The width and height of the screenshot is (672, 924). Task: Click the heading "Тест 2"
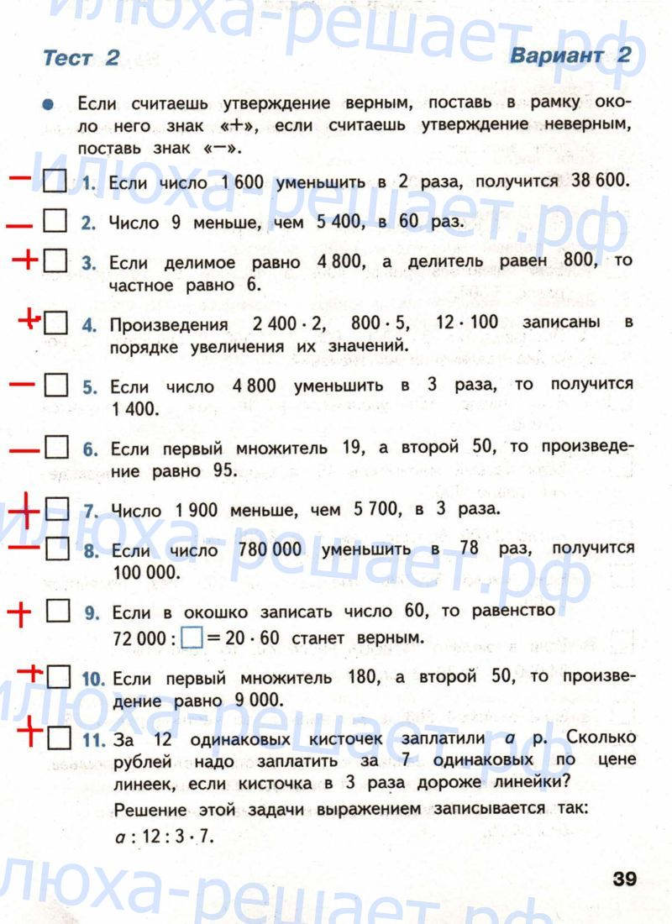[81, 58]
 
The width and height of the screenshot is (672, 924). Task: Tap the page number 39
[624, 879]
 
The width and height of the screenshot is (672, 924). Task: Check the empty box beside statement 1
[54, 181]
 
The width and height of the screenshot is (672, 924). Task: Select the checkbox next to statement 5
[55, 386]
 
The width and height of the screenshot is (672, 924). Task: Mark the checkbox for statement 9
[57, 612]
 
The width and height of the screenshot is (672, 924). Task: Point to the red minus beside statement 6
[26, 449]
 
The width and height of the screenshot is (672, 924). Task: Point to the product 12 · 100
[468, 323]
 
